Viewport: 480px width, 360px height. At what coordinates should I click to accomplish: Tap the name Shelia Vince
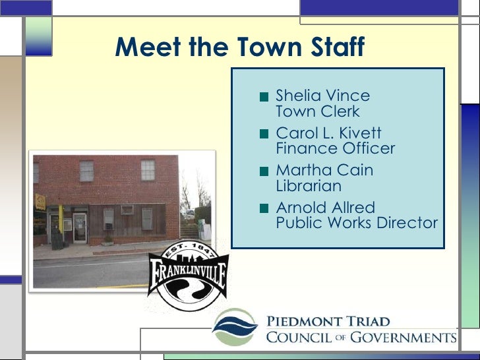point(323,96)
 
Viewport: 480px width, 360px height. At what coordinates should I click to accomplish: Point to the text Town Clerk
point(318,111)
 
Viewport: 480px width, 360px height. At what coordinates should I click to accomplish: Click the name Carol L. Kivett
point(328,133)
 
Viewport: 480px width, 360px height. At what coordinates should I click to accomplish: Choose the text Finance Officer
point(335,149)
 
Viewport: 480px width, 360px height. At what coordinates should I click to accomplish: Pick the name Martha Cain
point(324,170)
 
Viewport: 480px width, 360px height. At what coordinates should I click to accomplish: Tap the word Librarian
point(309,186)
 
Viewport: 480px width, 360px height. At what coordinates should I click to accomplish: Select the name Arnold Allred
point(325,208)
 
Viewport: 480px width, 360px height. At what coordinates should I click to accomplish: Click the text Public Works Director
point(357,223)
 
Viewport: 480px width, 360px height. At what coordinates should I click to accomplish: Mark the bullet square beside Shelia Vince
point(264,96)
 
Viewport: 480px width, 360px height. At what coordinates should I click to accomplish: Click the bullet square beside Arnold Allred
point(264,208)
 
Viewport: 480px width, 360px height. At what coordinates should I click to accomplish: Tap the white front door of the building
point(80,227)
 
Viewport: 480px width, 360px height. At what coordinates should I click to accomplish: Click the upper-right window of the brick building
point(148,170)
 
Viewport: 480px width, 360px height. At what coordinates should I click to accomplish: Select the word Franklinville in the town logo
point(188,276)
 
